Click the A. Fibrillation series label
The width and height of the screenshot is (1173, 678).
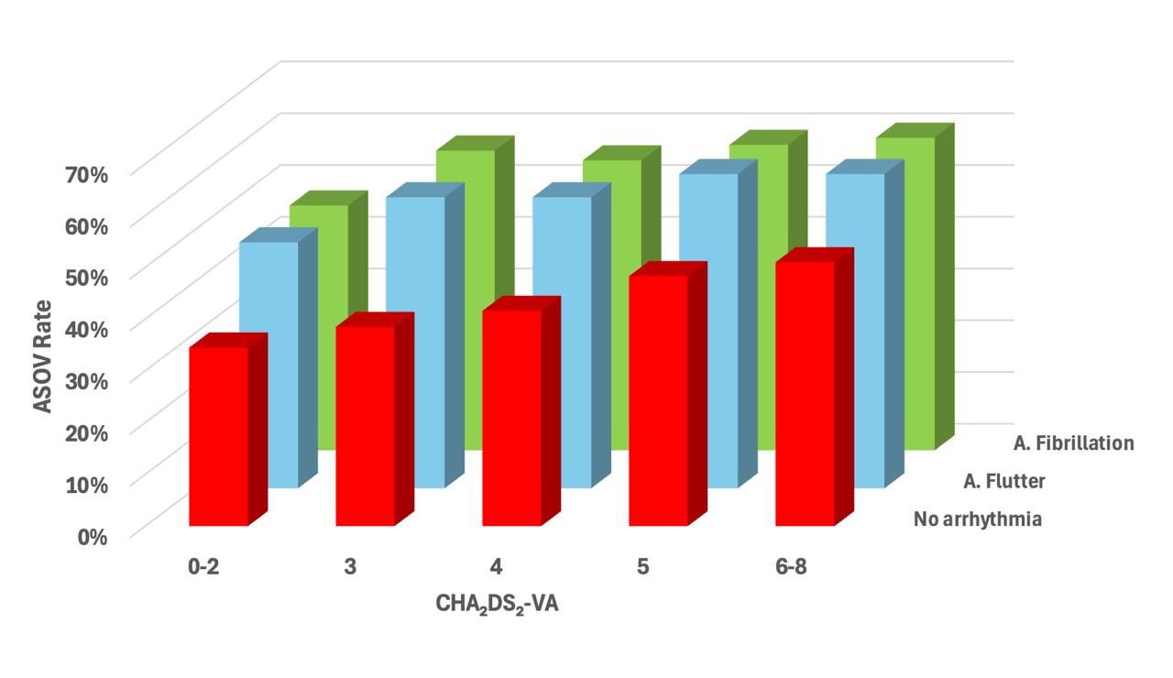click(1073, 443)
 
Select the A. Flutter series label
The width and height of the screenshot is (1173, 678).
click(1004, 481)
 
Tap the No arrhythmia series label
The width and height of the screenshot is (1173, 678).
click(978, 519)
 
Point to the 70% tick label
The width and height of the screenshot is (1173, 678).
click(87, 174)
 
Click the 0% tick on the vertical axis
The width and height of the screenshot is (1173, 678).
click(93, 537)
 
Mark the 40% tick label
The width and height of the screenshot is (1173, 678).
click(87, 330)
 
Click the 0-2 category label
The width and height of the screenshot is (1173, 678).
click(203, 566)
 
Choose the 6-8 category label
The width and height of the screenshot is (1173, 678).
click(791, 566)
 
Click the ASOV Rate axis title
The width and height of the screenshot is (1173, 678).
click(42, 356)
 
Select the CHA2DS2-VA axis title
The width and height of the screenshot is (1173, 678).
click(497, 605)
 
